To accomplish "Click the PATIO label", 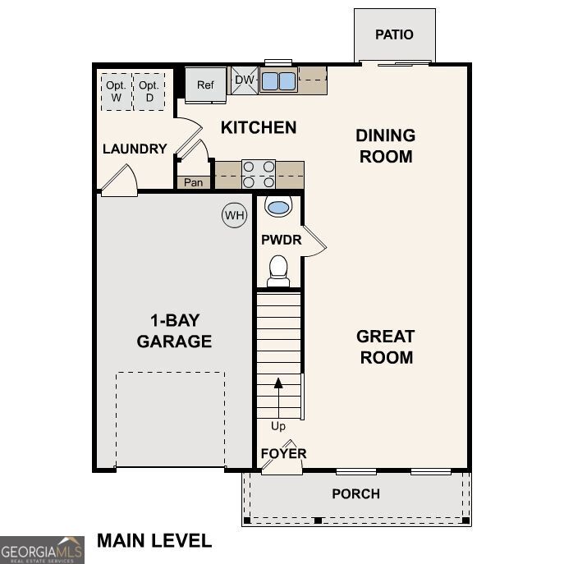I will point(394,34).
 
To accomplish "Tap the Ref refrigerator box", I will point(204,85).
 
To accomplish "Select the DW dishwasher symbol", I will point(244,80).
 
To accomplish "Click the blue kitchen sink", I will point(278,80).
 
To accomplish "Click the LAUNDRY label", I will point(135,149).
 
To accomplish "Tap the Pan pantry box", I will point(194,182).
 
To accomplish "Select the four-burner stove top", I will point(259,175).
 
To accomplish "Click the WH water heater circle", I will point(235,216).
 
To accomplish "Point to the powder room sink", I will point(278,207).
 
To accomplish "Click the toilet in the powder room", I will point(278,270).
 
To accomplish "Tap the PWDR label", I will point(281,241).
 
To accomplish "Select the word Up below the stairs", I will point(278,426).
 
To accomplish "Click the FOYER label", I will point(283,453).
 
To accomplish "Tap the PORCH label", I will point(355,493).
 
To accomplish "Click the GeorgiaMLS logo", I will point(42,550).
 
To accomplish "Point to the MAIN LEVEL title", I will point(154,540).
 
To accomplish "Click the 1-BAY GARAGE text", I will point(174,331).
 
